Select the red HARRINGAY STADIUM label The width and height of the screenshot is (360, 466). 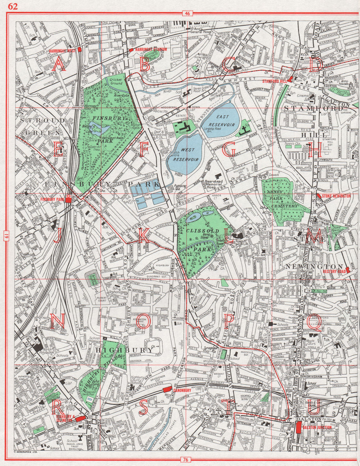pos(151,49)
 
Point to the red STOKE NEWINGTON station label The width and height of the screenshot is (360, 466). pos(336,196)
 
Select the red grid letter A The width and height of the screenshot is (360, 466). pos(59,65)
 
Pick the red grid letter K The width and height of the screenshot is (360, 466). pos(143,236)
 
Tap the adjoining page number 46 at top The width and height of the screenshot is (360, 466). pos(187,14)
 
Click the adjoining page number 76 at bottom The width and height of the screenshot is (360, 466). pos(185,459)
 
